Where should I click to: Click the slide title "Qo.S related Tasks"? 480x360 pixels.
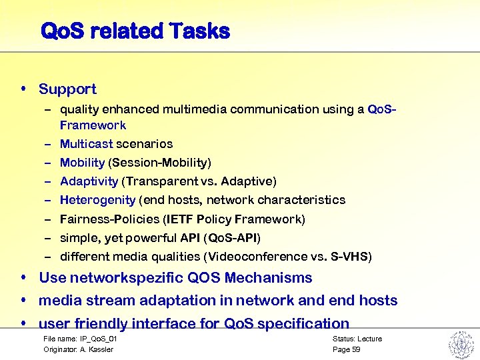(x=135, y=31)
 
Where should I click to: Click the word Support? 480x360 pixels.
(x=67, y=89)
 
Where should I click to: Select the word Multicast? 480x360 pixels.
(x=87, y=144)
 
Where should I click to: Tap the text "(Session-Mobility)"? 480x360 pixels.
(x=160, y=163)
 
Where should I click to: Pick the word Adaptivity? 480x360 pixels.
(x=89, y=181)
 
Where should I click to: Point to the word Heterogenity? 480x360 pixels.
(x=97, y=200)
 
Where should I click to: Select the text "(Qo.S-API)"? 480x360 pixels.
(x=232, y=238)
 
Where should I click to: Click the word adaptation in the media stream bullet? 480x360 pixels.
(x=175, y=301)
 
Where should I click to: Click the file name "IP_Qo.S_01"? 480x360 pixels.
(x=93, y=339)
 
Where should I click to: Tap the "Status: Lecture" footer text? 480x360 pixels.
(x=357, y=339)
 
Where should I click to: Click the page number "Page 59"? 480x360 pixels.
(x=346, y=349)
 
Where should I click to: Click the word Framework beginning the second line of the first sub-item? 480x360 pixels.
(x=93, y=125)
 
